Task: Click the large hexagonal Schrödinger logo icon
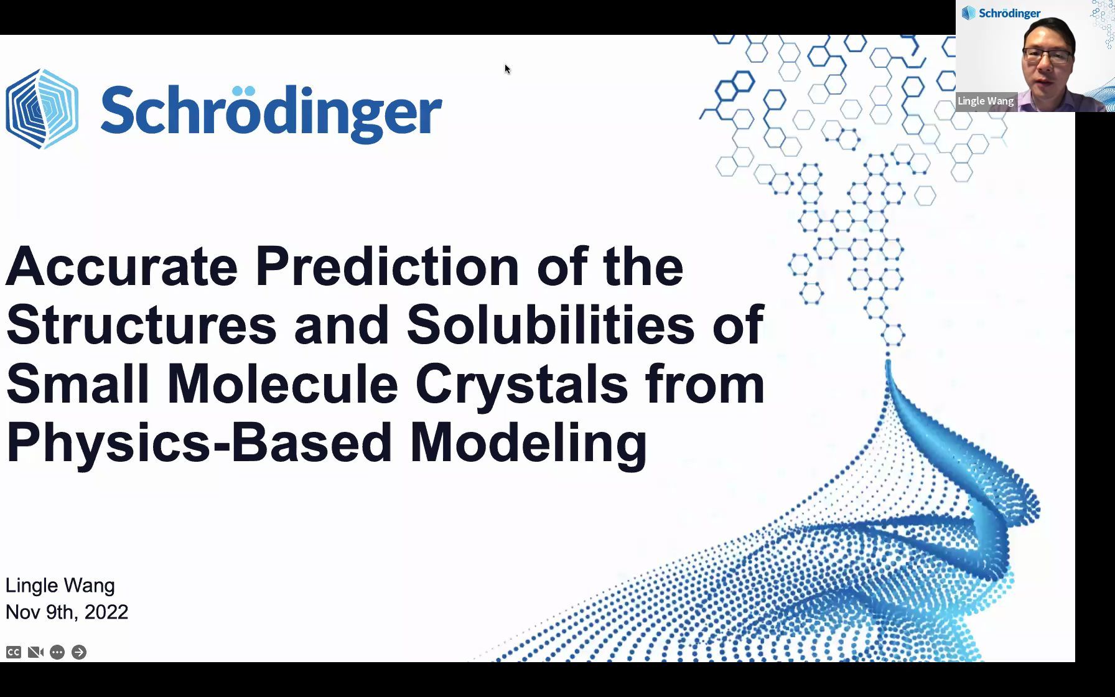[42, 109]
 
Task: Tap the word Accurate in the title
[122, 266]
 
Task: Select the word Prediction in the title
[388, 266]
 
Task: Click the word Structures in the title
[141, 324]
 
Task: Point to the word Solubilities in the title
[551, 324]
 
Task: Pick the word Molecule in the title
[282, 383]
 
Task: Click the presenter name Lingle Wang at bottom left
[60, 586]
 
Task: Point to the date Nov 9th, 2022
[67, 612]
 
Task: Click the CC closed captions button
[14, 652]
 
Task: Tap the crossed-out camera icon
[35, 652]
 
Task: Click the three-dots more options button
[57, 652]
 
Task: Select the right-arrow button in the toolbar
[79, 652]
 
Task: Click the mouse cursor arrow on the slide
[507, 68]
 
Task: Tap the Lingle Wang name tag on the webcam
[986, 101]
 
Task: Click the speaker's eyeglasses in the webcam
[1048, 57]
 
